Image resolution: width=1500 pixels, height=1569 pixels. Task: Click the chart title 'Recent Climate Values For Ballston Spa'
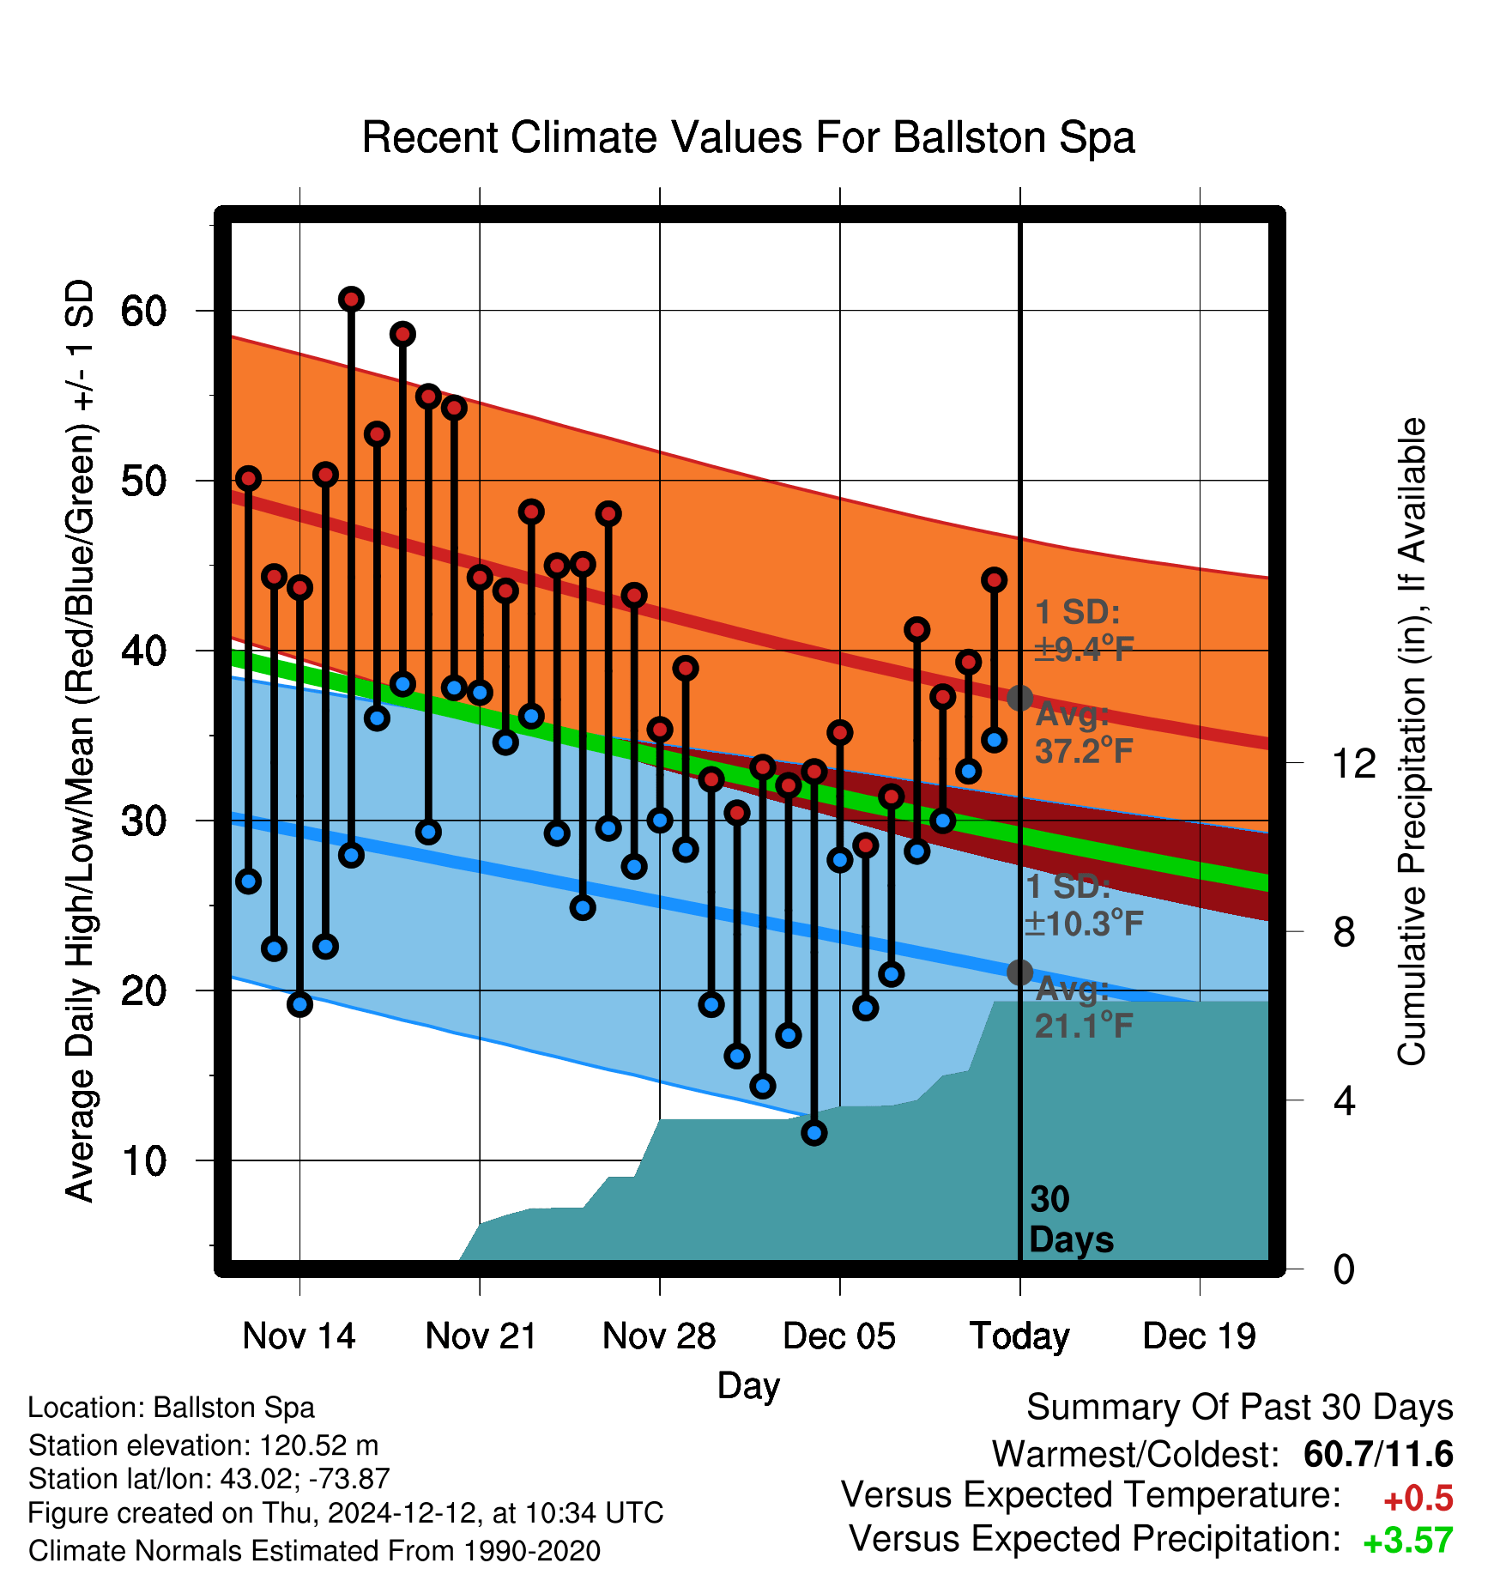coord(748,137)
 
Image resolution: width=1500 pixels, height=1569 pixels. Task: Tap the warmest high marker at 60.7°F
coord(351,300)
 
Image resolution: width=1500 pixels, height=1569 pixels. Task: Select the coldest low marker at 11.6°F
coord(814,1133)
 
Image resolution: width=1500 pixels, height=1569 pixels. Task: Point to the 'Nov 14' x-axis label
coord(299,1336)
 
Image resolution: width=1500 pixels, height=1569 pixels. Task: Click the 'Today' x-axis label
coord(1019,1337)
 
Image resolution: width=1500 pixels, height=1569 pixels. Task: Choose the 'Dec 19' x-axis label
coord(1200,1336)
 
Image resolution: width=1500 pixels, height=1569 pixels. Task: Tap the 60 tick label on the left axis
coord(143,311)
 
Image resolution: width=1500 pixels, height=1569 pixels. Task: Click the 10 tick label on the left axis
coord(143,1161)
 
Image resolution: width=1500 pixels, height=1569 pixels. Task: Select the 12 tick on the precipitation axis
coord(1353,763)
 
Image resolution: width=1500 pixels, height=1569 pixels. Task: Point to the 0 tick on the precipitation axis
coord(1344,1269)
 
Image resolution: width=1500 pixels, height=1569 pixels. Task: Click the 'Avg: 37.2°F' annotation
coord(1084,732)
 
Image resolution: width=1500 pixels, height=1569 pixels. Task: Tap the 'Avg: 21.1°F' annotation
coord(1084,1007)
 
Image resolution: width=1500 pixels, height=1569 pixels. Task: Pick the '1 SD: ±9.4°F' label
coord(1084,630)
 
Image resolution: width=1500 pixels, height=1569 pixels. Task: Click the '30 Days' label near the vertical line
coord(1071,1220)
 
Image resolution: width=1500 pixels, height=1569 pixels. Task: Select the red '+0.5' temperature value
coord(1418,1499)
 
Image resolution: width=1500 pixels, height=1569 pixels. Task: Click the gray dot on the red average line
coord(1019,698)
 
